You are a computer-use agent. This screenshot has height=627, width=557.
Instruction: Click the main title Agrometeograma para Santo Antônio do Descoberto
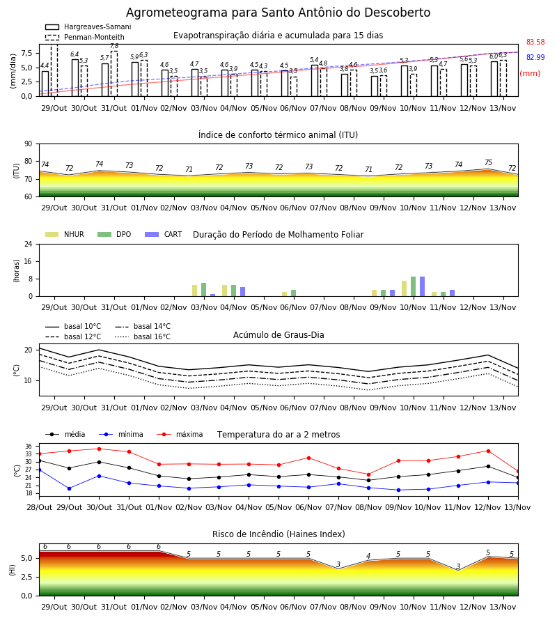click(278, 13)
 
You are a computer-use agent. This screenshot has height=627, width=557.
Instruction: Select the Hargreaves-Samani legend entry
click(88, 26)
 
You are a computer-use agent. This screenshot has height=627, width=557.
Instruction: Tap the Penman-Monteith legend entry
click(85, 37)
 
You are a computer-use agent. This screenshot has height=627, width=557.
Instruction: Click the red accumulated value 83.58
click(535, 42)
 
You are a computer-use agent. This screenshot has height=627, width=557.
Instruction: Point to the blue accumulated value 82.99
click(535, 57)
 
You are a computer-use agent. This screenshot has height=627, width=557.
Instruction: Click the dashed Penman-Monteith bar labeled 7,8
click(114, 74)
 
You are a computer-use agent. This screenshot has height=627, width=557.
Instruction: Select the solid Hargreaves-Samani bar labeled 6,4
click(75, 78)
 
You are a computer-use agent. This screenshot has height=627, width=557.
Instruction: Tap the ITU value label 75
click(488, 162)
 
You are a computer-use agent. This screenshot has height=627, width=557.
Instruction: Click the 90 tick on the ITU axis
click(29, 144)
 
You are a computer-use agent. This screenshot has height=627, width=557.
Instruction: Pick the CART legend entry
click(164, 234)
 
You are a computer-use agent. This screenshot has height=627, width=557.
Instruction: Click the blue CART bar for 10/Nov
click(423, 286)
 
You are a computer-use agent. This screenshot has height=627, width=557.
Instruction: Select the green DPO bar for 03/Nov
click(204, 290)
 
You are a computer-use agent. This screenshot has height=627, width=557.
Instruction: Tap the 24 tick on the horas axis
click(29, 244)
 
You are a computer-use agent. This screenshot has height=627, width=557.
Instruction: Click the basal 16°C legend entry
click(143, 336)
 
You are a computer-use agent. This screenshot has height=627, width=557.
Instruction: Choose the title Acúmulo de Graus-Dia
click(278, 335)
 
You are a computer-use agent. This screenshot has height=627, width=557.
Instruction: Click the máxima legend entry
click(180, 434)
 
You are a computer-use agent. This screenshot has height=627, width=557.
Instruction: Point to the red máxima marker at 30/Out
click(99, 449)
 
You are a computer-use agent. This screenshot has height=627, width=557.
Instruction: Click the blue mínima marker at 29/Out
click(69, 488)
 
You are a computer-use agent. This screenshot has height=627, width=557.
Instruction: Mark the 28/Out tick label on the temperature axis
click(40, 507)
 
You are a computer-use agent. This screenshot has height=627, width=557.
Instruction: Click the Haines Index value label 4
click(368, 556)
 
